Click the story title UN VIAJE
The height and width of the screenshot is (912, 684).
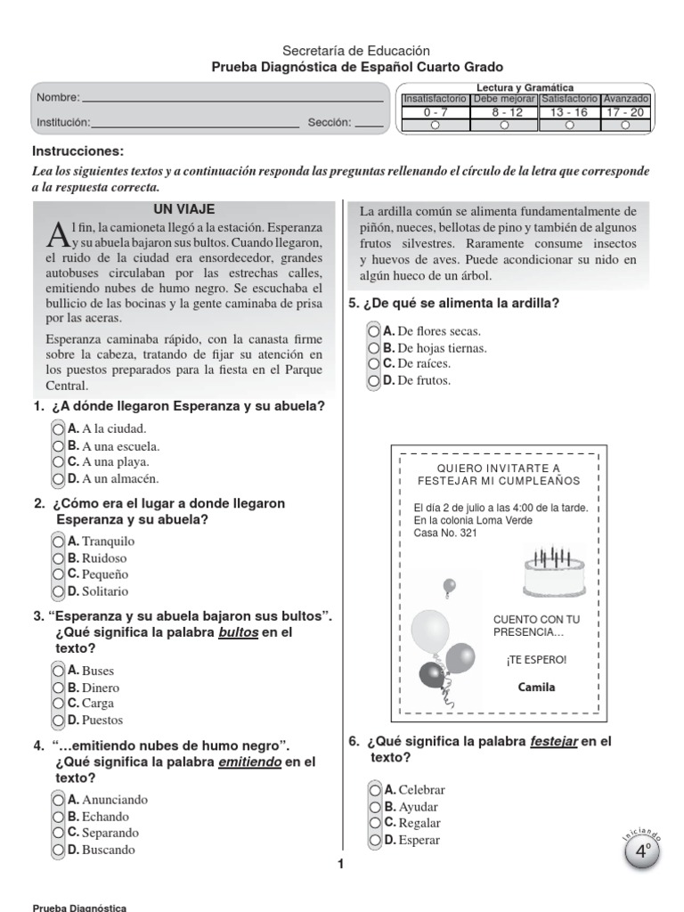pos(184,209)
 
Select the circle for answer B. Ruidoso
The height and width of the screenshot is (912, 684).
pos(59,558)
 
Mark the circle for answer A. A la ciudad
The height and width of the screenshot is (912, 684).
pos(59,429)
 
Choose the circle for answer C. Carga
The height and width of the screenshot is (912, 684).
pos(59,704)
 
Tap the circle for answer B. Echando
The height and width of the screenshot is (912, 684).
pos(59,816)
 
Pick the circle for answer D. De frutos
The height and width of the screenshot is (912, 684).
pos(373,380)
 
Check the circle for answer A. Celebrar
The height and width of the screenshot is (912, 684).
pos(374,789)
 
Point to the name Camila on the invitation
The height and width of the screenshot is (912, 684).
pos(536,687)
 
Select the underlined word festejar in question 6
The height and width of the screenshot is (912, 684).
pos(553,741)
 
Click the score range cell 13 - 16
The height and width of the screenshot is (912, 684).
pos(568,112)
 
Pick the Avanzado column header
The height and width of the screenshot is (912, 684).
pos(625,99)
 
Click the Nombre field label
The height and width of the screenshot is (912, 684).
pos(58,98)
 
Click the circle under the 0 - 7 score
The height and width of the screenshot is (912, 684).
pos(435,126)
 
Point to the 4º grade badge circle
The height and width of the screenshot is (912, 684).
pos(641,851)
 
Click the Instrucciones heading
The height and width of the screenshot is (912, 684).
pos(78,151)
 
